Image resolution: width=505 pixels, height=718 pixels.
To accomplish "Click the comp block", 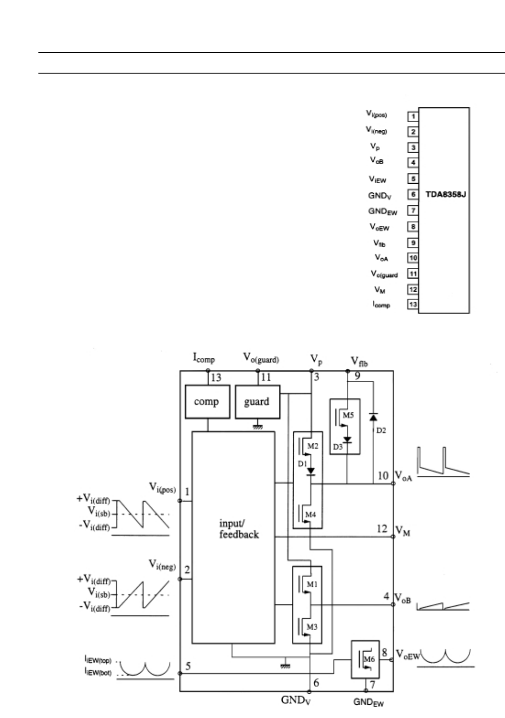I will [x=207, y=402].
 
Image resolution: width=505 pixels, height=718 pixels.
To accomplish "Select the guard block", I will [x=257, y=402].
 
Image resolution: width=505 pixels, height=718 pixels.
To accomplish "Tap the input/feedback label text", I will [x=239, y=529].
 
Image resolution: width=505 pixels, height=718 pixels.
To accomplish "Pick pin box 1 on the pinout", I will [x=413, y=116].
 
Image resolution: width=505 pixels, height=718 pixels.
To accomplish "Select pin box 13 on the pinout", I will [x=413, y=304].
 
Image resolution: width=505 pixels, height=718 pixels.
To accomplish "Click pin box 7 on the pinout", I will [x=413, y=211].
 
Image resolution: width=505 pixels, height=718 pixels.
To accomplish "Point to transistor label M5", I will [x=349, y=415].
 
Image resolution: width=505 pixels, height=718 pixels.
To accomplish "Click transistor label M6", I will [x=369, y=659].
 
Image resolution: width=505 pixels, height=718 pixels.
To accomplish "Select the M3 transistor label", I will [x=312, y=627].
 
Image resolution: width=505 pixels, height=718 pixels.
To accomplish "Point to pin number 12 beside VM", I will [x=382, y=529].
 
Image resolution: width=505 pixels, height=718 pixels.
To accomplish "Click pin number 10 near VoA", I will [x=383, y=475].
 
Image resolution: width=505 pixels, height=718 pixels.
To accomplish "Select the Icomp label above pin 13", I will [x=204, y=359].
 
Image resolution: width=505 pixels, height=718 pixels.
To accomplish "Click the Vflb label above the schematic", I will [x=360, y=362].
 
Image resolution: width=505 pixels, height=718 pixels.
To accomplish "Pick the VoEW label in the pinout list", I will [x=379, y=227].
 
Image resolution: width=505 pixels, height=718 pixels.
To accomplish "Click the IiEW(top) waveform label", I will [x=97, y=660].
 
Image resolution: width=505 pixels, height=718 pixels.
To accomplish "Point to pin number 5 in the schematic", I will [x=188, y=666].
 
